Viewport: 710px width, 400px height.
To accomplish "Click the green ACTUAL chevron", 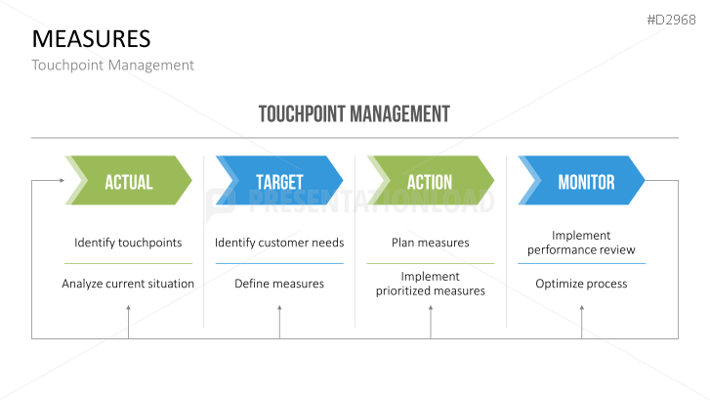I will click(128, 181).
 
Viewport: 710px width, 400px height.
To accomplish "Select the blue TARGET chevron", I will click(279, 181).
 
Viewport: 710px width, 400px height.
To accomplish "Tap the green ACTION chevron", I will click(430, 181).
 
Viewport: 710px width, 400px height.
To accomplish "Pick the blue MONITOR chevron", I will click(584, 181).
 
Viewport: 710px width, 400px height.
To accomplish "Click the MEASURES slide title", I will click(91, 39).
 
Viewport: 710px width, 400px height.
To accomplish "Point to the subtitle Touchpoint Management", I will click(112, 66).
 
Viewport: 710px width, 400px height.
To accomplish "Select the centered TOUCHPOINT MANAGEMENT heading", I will click(355, 113).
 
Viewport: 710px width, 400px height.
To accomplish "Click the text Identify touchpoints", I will click(128, 243).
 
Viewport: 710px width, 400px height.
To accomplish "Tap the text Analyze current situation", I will click(128, 284).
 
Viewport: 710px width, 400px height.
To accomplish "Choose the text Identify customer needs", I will click(279, 243).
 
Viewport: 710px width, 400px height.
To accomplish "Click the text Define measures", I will click(279, 284).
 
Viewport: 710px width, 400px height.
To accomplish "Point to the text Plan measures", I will click(430, 243).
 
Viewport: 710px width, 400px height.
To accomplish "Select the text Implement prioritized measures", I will click(430, 284).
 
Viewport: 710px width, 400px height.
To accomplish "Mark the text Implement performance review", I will click(581, 243).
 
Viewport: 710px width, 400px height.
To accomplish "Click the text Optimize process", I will click(581, 284).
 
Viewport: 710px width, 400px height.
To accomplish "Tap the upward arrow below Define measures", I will click(279, 311).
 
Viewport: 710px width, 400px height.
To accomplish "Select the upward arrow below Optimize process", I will click(581, 311).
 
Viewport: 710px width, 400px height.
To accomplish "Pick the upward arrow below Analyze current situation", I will click(128, 311).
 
